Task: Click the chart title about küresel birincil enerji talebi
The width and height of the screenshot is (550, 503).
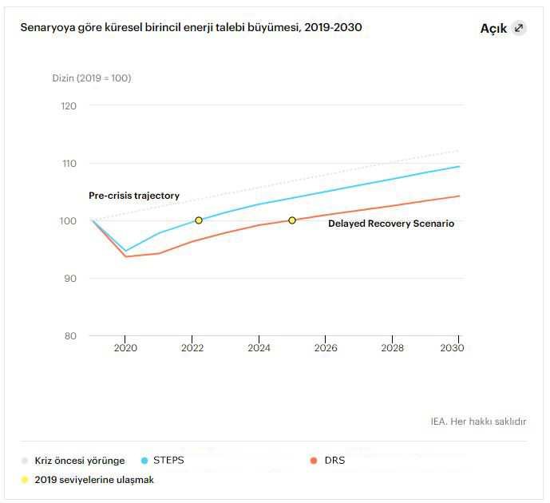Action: click(x=191, y=27)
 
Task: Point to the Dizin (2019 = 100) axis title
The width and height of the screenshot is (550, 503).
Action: click(x=92, y=78)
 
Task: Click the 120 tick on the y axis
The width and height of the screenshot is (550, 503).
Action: click(x=69, y=105)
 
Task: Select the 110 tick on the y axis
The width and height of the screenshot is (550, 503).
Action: click(x=69, y=163)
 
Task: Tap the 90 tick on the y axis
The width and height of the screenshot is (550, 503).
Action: click(x=69, y=278)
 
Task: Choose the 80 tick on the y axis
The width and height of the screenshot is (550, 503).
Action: click(x=69, y=335)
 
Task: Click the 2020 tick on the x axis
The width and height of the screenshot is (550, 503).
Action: click(x=125, y=348)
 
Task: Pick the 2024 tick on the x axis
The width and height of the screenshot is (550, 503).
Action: click(x=259, y=348)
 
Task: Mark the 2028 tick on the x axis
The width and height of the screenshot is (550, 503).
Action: click(x=392, y=348)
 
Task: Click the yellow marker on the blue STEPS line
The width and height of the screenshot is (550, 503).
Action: click(x=199, y=220)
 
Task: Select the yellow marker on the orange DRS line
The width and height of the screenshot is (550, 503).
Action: click(x=292, y=220)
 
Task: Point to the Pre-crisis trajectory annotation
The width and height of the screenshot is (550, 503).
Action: click(x=134, y=196)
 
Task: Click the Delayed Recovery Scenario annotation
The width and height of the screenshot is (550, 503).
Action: click(x=391, y=224)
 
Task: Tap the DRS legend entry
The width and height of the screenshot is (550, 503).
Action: click(x=334, y=461)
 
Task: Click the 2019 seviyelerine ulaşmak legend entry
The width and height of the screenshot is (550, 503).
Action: click(x=93, y=480)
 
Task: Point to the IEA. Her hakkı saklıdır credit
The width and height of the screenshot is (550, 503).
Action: click(x=478, y=422)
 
